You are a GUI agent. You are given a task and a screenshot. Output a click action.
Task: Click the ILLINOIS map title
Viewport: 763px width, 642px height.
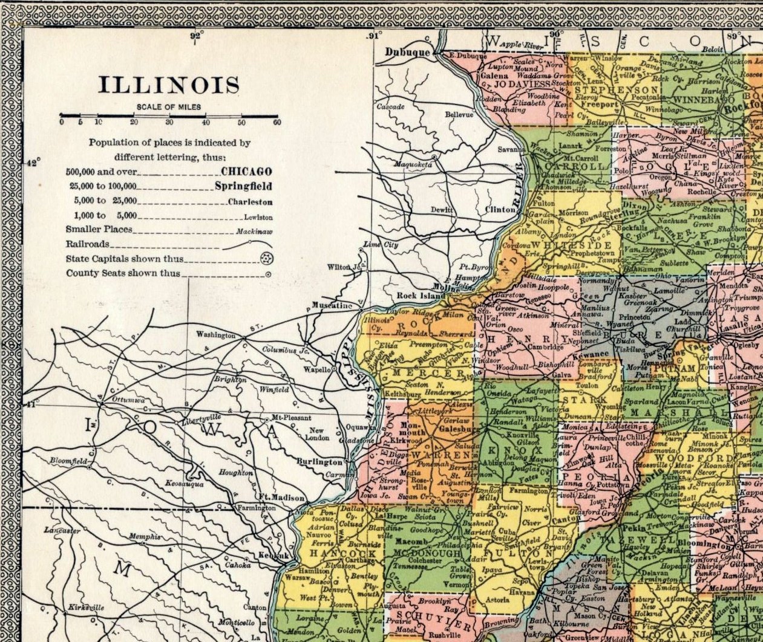pyautogui.click(x=169, y=85)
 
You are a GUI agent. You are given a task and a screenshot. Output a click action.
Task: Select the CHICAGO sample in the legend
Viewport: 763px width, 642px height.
pyautogui.click(x=246, y=172)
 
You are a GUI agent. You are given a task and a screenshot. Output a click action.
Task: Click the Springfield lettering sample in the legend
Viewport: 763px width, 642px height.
pyautogui.click(x=243, y=186)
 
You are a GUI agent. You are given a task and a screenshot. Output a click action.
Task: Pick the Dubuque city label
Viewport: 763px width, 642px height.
pyautogui.click(x=407, y=53)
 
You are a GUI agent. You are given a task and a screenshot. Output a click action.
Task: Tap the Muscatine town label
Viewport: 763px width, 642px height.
pyautogui.click(x=332, y=305)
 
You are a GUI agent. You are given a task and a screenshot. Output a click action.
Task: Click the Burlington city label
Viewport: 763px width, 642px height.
pyautogui.click(x=319, y=462)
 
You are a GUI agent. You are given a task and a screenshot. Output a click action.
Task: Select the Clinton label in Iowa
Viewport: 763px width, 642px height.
pyautogui.click(x=500, y=210)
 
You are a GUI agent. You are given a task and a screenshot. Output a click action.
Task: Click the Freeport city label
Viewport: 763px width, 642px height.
pyautogui.click(x=600, y=105)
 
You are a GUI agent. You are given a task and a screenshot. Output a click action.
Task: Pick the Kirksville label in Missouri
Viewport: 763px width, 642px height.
pyautogui.click(x=86, y=608)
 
